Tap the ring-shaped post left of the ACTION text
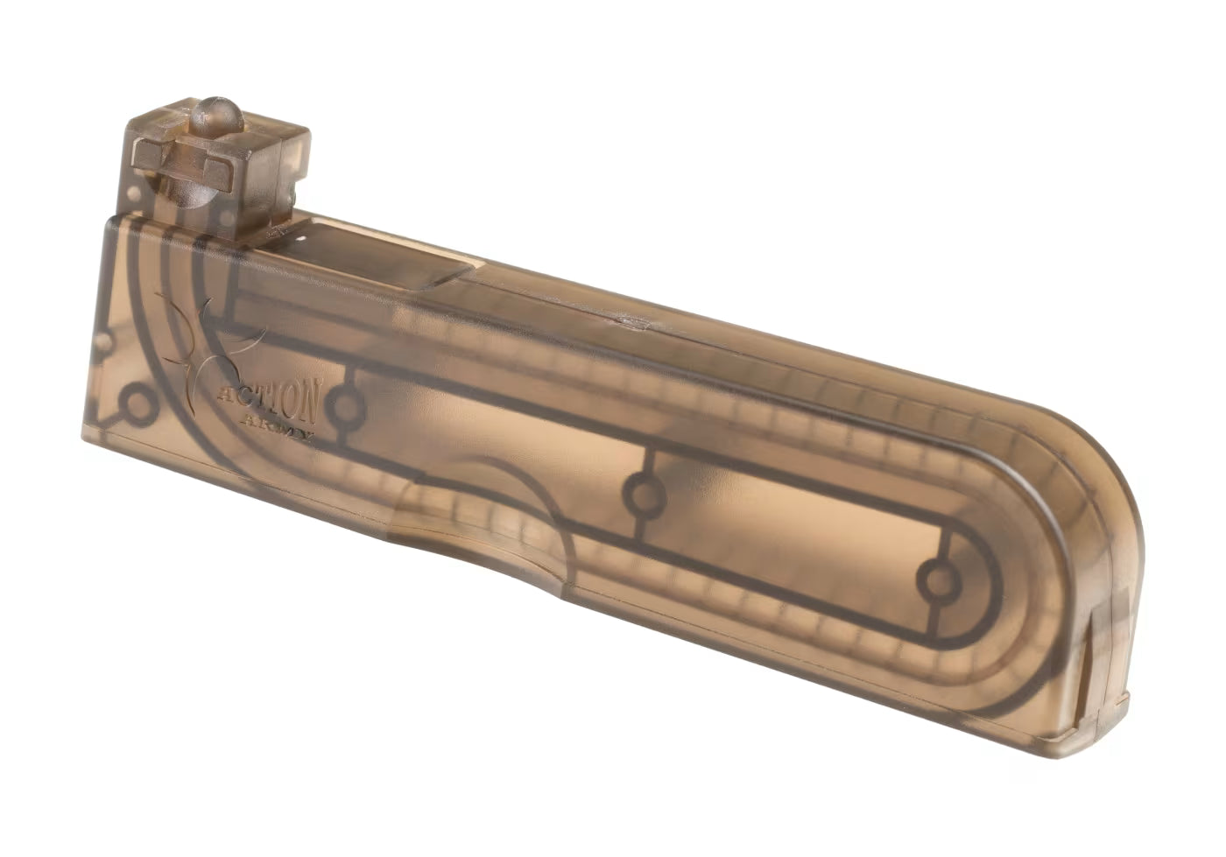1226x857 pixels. [x=138, y=404]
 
